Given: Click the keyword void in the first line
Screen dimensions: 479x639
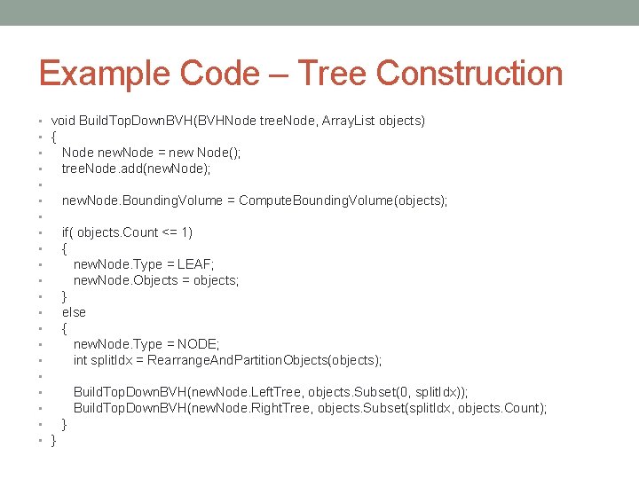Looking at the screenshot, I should (x=63, y=121).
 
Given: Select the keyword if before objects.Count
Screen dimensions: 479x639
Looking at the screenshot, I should (x=67, y=232).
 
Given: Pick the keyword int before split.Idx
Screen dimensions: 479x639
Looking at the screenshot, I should (x=81, y=360).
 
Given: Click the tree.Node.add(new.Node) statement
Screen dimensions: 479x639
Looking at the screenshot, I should (x=136, y=169).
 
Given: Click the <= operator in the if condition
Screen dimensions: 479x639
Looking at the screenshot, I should (x=170, y=232).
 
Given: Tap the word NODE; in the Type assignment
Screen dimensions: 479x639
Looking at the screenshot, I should (x=199, y=344).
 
